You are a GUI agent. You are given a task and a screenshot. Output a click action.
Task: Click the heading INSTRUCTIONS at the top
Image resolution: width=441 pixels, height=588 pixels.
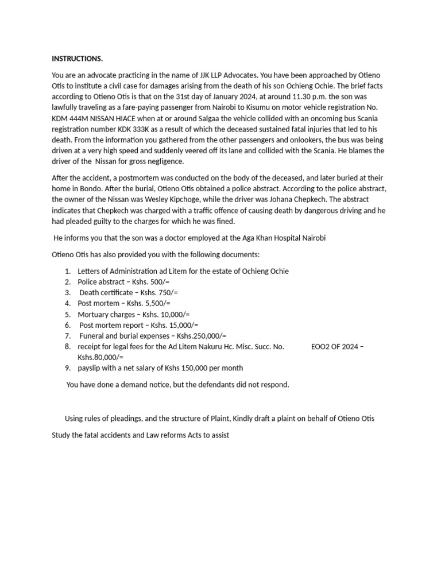click(x=78, y=59)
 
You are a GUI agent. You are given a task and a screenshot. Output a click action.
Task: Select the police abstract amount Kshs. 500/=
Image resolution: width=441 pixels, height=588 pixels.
click(x=151, y=281)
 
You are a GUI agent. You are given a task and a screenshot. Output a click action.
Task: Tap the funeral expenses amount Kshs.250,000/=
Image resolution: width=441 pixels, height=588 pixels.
click(x=202, y=336)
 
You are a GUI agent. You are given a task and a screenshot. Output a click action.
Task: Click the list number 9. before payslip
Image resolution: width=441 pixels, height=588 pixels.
click(x=67, y=368)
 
